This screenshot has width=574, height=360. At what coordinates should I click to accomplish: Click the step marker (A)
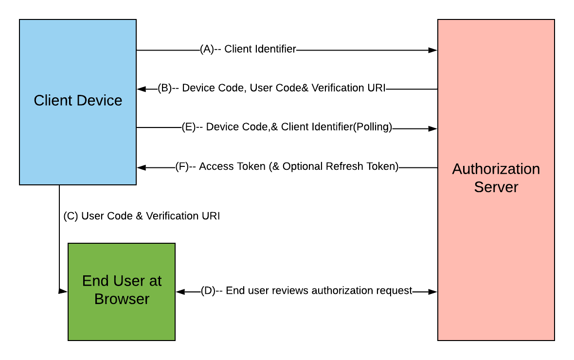(x=207, y=49)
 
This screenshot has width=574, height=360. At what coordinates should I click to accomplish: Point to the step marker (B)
(x=165, y=88)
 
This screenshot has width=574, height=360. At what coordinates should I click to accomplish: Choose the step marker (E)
(x=188, y=127)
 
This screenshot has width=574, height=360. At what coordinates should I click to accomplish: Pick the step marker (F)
(x=182, y=166)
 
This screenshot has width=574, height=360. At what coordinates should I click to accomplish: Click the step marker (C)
(x=71, y=216)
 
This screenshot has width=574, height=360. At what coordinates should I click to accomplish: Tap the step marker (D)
(x=208, y=291)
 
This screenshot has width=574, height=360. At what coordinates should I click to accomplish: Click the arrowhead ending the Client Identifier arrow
(x=432, y=50)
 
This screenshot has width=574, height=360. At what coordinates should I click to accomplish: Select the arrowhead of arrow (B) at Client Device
(x=142, y=89)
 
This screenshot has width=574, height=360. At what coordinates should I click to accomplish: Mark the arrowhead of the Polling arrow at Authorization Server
(x=432, y=129)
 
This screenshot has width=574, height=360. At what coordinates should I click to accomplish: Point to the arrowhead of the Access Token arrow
(x=142, y=168)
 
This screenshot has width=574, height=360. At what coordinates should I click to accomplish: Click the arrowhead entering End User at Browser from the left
(x=63, y=291)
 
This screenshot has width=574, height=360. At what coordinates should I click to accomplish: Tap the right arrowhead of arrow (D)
(x=432, y=291)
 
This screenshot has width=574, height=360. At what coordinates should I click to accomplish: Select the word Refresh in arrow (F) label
(x=347, y=166)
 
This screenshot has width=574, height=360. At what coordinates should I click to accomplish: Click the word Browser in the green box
(x=122, y=299)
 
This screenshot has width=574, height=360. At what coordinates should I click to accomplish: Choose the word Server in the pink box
(x=496, y=187)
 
